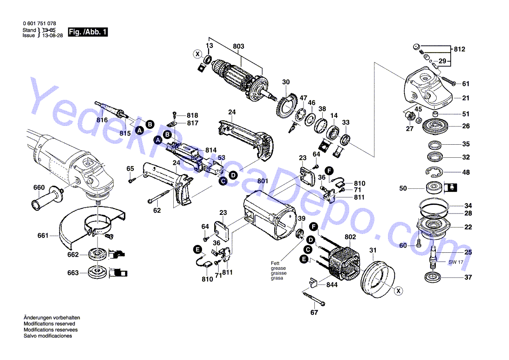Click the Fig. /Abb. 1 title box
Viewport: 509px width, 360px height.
coord(88,32)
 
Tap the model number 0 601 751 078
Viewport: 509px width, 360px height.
coord(39,23)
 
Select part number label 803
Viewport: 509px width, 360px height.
coord(239,47)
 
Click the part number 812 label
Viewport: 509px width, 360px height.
coord(459,49)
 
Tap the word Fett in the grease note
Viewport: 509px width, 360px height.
coord(275,263)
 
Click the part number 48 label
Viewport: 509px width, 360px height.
coord(466,173)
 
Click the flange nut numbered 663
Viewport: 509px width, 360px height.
coord(96,272)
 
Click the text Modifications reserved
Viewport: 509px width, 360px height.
coord(49,324)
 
